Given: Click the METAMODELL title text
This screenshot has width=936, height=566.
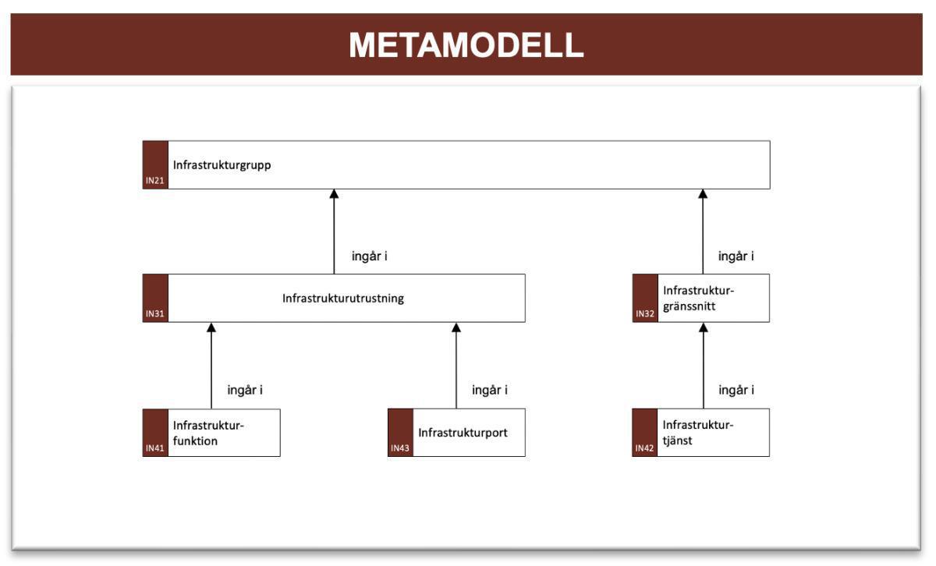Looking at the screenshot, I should (x=466, y=45).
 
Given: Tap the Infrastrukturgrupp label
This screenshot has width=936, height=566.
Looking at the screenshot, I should (x=222, y=165).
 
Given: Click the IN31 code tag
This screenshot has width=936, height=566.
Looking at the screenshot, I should (x=154, y=315).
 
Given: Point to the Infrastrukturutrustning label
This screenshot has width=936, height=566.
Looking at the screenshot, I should (x=343, y=299).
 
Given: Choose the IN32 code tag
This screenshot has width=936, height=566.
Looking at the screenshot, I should (x=644, y=315).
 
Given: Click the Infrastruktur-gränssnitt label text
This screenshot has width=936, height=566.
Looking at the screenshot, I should (x=698, y=299).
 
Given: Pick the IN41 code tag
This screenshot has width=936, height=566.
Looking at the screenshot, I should (x=154, y=449).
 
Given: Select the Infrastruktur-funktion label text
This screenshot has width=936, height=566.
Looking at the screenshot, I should (x=209, y=433).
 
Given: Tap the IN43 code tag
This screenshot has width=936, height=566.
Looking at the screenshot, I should (x=400, y=449).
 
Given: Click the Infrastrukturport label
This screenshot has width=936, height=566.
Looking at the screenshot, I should (x=463, y=433).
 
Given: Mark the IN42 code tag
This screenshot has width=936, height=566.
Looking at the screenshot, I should (x=644, y=449).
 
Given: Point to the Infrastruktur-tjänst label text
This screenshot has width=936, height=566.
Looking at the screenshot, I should (x=698, y=433).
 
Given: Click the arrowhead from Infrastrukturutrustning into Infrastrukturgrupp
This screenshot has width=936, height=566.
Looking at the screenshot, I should (x=334, y=194).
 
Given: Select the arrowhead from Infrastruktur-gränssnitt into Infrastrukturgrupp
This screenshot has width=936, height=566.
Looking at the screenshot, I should (x=703, y=194).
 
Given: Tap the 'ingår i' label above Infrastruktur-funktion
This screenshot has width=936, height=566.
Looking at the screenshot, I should (x=245, y=390).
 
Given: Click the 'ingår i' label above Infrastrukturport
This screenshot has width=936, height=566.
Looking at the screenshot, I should (x=490, y=390).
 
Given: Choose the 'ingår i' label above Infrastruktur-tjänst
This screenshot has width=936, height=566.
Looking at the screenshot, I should (x=736, y=390).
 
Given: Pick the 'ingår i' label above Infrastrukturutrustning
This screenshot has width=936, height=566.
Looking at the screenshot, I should (x=370, y=256).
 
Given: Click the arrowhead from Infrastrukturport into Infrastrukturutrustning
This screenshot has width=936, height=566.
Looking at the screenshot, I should (x=456, y=327).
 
